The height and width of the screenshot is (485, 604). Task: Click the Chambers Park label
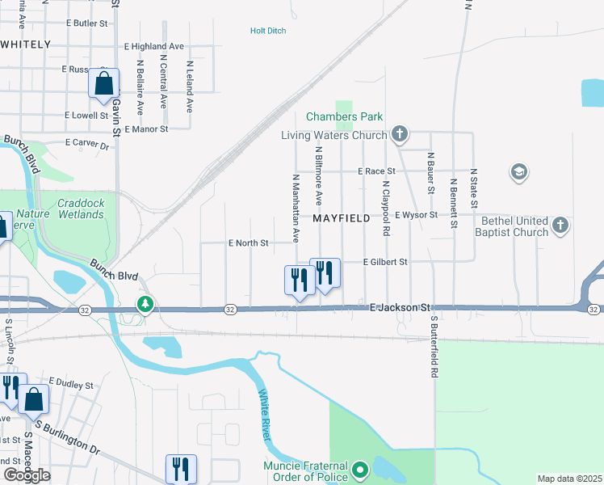tap(344, 117)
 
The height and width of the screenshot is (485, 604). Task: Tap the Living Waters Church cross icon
tap(398, 133)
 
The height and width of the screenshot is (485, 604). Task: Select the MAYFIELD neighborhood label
tap(341, 218)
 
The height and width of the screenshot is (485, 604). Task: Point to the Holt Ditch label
tap(268, 31)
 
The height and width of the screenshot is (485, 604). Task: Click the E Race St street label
tap(377, 171)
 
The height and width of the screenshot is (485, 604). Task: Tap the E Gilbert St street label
tap(385, 262)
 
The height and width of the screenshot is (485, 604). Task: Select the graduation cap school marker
tap(518, 172)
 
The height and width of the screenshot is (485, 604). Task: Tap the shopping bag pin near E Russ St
tap(104, 83)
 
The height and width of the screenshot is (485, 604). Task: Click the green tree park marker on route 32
tap(145, 305)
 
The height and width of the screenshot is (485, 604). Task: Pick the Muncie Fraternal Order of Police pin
tap(360, 468)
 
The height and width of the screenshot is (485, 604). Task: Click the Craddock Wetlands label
tap(81, 209)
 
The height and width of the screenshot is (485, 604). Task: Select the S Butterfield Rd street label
tap(433, 348)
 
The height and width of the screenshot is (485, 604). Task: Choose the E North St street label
tap(248, 242)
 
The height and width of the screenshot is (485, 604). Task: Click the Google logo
tap(27, 475)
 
